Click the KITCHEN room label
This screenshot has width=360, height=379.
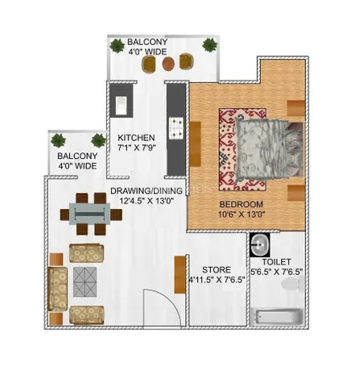click(x=136, y=138)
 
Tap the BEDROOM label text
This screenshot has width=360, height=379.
click(x=241, y=204)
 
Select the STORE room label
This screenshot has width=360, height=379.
click(x=217, y=269)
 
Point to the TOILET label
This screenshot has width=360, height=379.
click(x=276, y=262)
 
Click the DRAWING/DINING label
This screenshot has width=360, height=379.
click(x=147, y=191)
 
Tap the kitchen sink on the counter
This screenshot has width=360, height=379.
click(x=122, y=106)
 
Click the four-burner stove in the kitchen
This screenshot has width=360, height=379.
click(x=176, y=128)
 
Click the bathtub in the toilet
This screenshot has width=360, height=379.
click(x=276, y=317)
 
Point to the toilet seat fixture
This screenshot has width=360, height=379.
click(x=292, y=284)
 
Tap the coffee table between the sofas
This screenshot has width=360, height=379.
click(x=85, y=281)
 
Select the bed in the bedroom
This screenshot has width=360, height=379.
click(x=268, y=148)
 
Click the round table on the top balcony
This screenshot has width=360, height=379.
click(x=168, y=64)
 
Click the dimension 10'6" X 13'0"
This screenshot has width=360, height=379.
click(x=242, y=214)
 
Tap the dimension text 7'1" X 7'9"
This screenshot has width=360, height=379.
click(x=137, y=148)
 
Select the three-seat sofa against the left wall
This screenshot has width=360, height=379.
click(x=57, y=289)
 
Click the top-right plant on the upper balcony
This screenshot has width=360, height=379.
click(x=209, y=45)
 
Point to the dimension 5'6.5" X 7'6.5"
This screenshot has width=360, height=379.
click(x=276, y=272)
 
